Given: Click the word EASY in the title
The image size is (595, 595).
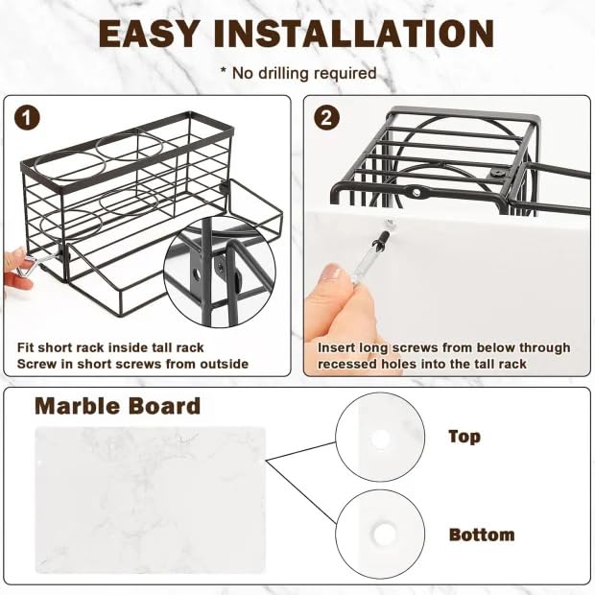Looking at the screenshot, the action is tap(149, 34).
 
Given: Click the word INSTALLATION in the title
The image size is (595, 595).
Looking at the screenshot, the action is tap(354, 34).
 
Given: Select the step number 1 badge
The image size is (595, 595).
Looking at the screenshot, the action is tap(27, 118).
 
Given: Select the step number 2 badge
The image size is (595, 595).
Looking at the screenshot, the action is tap(326, 118).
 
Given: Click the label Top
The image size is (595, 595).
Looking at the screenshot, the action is tap(464, 437).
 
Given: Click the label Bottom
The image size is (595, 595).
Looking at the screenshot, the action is tap(482, 535).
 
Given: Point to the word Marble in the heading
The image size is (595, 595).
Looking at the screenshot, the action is tap(77, 406).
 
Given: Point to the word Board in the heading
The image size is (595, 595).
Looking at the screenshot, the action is tap(163, 406).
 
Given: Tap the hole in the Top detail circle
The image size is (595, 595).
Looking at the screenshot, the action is tap(380, 439).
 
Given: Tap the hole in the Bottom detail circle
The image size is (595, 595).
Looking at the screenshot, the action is tap(384, 533).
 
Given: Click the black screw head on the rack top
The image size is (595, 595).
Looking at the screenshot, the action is tap(497, 173).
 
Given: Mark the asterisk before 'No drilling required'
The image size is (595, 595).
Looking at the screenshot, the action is tap(224, 70).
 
